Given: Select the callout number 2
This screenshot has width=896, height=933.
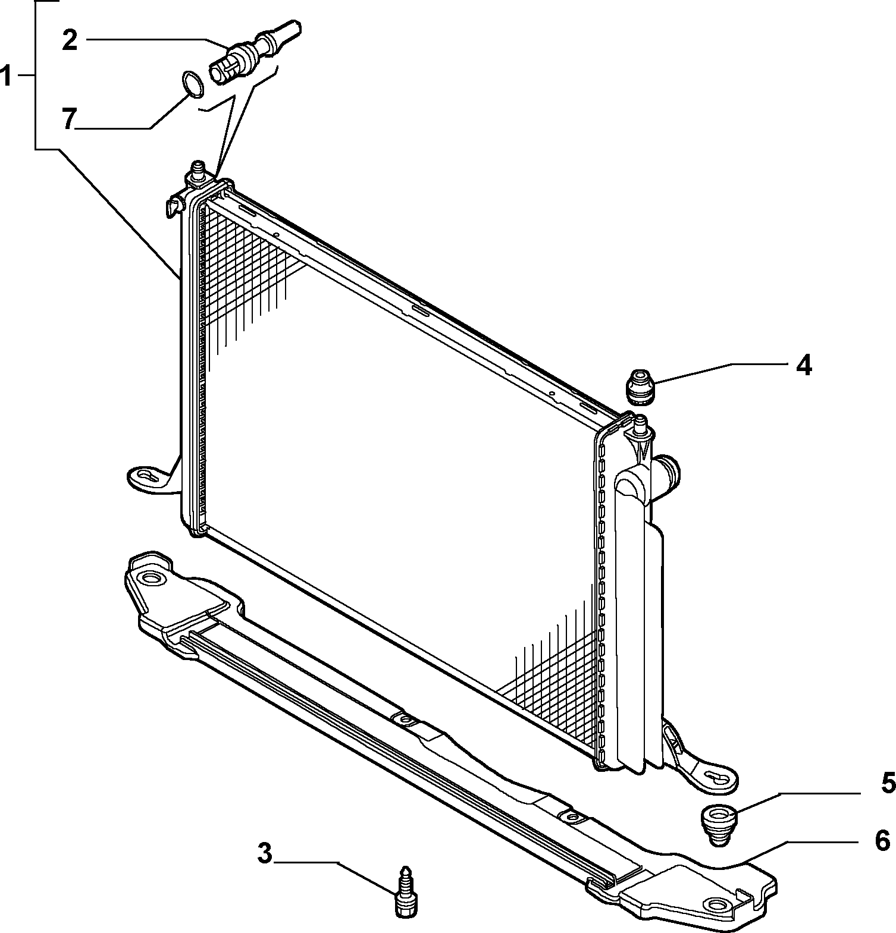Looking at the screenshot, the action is pyautogui.click(x=70, y=40).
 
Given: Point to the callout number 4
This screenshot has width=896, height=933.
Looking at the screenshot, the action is pyautogui.click(x=804, y=366).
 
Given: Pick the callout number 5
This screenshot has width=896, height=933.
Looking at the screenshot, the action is pyautogui.click(x=888, y=783).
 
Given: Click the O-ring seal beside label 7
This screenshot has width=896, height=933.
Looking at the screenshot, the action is pyautogui.click(x=192, y=83).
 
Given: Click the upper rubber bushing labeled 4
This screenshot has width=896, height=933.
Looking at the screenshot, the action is pyautogui.click(x=640, y=387).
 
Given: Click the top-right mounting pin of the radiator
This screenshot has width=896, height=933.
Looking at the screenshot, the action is pyautogui.click(x=641, y=426).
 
